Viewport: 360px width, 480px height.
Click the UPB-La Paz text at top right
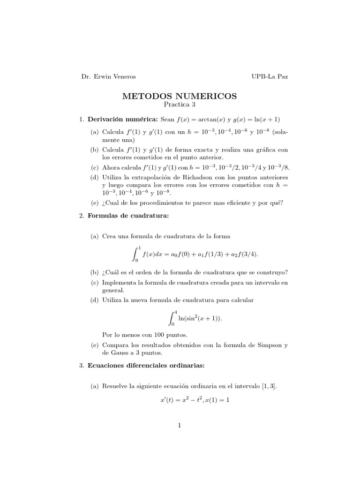[x=270, y=77]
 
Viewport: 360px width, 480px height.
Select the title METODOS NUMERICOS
[x=180, y=96]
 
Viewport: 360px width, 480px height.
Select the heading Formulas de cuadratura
[x=127, y=216]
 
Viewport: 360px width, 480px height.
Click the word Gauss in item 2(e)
[x=117, y=352]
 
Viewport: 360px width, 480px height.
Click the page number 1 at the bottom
[x=180, y=426]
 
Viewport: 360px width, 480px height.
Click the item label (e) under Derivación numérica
[x=95, y=202]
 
